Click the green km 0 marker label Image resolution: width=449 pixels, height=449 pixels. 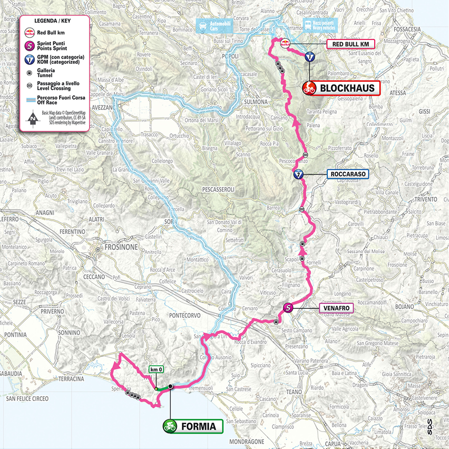coord(157,369)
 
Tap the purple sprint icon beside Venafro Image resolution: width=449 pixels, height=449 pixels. coord(288,308)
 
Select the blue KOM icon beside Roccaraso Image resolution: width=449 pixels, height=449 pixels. coord(299,175)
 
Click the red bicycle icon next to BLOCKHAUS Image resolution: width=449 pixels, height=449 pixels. coord(309,88)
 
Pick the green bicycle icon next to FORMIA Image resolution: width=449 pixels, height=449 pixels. coord(170,426)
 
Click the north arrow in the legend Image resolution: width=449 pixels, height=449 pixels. coord(33,118)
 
